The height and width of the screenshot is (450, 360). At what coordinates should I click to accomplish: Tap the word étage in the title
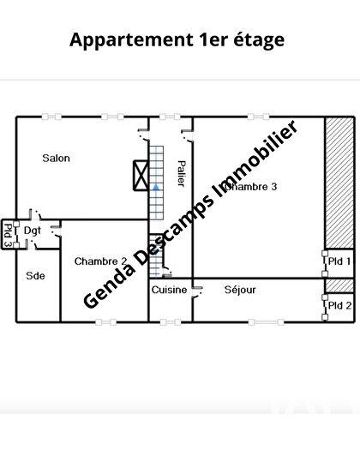click(257, 39)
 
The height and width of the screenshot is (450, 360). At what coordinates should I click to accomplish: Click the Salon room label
click(57, 158)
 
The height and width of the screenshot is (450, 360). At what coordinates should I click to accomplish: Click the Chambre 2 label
click(100, 261)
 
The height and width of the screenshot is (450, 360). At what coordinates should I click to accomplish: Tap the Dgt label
click(33, 231)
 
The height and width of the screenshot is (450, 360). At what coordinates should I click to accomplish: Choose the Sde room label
click(35, 275)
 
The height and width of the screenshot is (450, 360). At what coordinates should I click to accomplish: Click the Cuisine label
click(169, 290)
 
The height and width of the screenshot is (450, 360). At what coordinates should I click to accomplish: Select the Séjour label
click(240, 290)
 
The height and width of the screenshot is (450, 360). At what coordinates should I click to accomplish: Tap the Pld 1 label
click(340, 261)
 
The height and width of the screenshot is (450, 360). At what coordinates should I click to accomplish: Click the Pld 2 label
click(340, 304)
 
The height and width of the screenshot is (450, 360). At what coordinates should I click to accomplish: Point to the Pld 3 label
click(8, 234)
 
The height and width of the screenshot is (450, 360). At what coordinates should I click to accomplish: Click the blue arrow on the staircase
click(156, 185)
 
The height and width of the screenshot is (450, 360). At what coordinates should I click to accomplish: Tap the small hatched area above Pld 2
click(338, 285)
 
